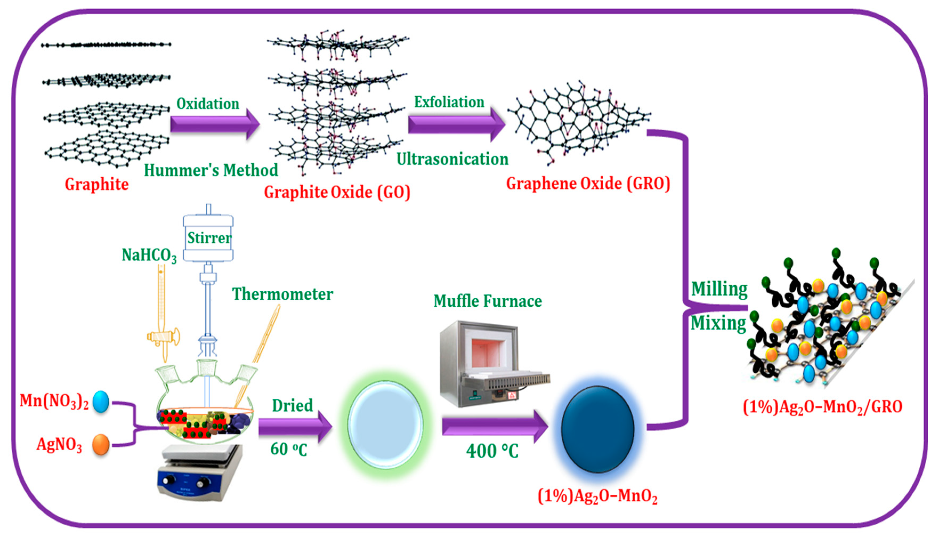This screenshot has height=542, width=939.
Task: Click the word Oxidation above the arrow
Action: tap(208, 104)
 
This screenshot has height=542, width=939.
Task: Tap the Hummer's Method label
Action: tap(211, 170)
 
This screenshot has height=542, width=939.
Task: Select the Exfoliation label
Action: tap(449, 102)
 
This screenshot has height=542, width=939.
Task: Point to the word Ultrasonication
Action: tap(452, 159)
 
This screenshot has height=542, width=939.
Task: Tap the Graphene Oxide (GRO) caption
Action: tap(588, 183)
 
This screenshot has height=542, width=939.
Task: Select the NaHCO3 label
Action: tap(149, 255)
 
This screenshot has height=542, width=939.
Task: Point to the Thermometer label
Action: tap(282, 294)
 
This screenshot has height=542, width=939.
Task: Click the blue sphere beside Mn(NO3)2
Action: tap(101, 402)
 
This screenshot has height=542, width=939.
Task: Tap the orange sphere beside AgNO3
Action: tap(101, 445)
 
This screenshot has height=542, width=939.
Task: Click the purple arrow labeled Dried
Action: tap(294, 427)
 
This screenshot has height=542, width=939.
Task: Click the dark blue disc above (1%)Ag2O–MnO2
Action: tap(597, 429)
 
